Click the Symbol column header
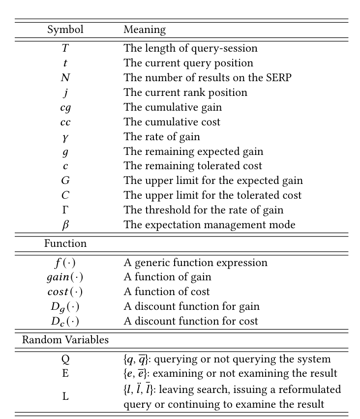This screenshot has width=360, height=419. tap(65, 30)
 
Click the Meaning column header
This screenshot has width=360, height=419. tap(145, 30)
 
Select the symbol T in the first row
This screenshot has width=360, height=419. tap(65, 48)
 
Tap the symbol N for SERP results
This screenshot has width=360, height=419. tap(65, 78)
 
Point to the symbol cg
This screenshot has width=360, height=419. tap(65, 107)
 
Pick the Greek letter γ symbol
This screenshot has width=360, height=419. tap(65, 137)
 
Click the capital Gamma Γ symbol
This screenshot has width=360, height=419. tap(65, 210)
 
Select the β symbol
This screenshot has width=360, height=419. tap(65, 225)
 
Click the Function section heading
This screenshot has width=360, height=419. tap(65, 243)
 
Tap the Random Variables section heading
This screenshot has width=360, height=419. tap(65, 339)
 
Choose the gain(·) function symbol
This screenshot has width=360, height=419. tap(65, 277)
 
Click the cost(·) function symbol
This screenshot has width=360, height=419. tap(65, 292)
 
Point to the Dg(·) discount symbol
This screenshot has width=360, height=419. tap(65, 307)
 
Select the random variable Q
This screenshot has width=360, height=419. tap(65, 359)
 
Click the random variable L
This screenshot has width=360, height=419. tap(65, 396)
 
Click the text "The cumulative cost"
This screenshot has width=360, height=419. tap(172, 122)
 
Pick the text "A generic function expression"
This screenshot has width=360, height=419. tap(195, 263)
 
